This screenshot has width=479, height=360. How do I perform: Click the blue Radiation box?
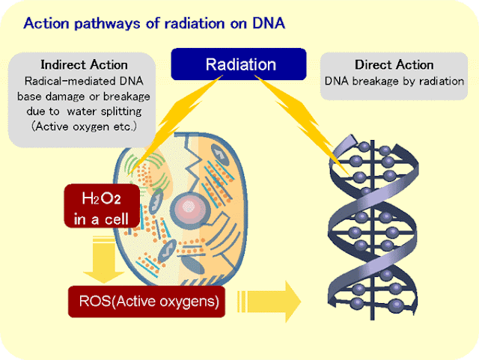(239, 64)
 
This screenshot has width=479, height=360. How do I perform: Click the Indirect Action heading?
(85, 65)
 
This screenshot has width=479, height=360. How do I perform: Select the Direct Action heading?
(394, 65)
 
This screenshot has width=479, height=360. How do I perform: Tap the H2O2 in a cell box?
(102, 206)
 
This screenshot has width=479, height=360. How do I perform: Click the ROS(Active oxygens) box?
(147, 302)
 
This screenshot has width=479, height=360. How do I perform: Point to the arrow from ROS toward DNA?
(269, 302)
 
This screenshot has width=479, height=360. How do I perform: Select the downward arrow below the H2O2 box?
(104, 259)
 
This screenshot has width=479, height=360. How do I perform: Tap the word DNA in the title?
(269, 23)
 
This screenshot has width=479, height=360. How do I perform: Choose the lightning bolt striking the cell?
(174, 125)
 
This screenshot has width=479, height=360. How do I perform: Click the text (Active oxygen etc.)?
(85, 126)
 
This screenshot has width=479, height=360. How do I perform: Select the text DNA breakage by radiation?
(394, 82)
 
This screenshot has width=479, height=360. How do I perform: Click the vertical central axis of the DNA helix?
(372, 230)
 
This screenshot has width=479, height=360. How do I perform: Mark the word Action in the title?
(46, 23)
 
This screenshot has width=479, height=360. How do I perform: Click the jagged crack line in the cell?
(192, 171)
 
